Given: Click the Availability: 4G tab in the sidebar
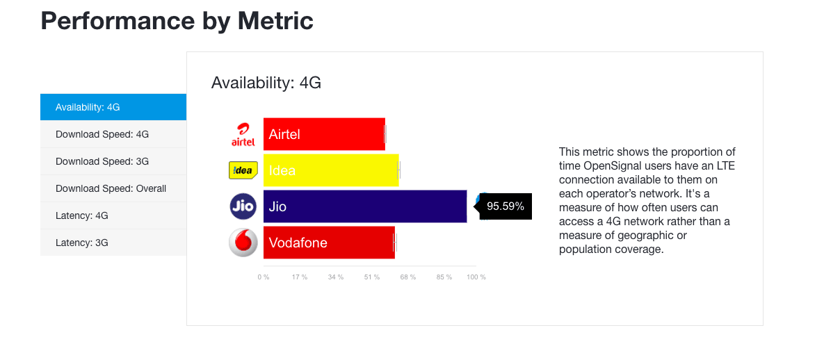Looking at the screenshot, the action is pos(113,107).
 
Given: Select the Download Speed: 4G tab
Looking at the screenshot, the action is pos(113,134).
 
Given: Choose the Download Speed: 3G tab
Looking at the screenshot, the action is pos(113,161).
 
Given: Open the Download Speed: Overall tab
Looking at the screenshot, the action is pos(113,188).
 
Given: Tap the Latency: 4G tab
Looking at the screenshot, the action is pos(113,215).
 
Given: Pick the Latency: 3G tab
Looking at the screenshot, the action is pos(113,243).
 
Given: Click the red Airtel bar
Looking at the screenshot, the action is pos(324,134).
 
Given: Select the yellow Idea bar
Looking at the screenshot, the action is pos(331,170).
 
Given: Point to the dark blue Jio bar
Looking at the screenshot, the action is pos(365,206).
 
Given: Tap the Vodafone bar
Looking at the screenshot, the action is pos(329,243).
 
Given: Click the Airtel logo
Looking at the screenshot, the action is pos(243,135).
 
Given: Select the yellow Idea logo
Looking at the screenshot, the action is pos(243,170).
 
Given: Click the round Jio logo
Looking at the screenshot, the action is pos(243,206).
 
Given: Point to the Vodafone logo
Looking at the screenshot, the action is pos(243,243).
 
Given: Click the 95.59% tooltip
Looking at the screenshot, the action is pos(505,206).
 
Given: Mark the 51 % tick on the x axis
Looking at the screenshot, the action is pos(371,277).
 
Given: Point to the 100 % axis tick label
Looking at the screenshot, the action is pos(476,277).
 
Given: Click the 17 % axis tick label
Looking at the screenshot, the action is pos(300,277).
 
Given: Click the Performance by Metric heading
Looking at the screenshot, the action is pos(177,21).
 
